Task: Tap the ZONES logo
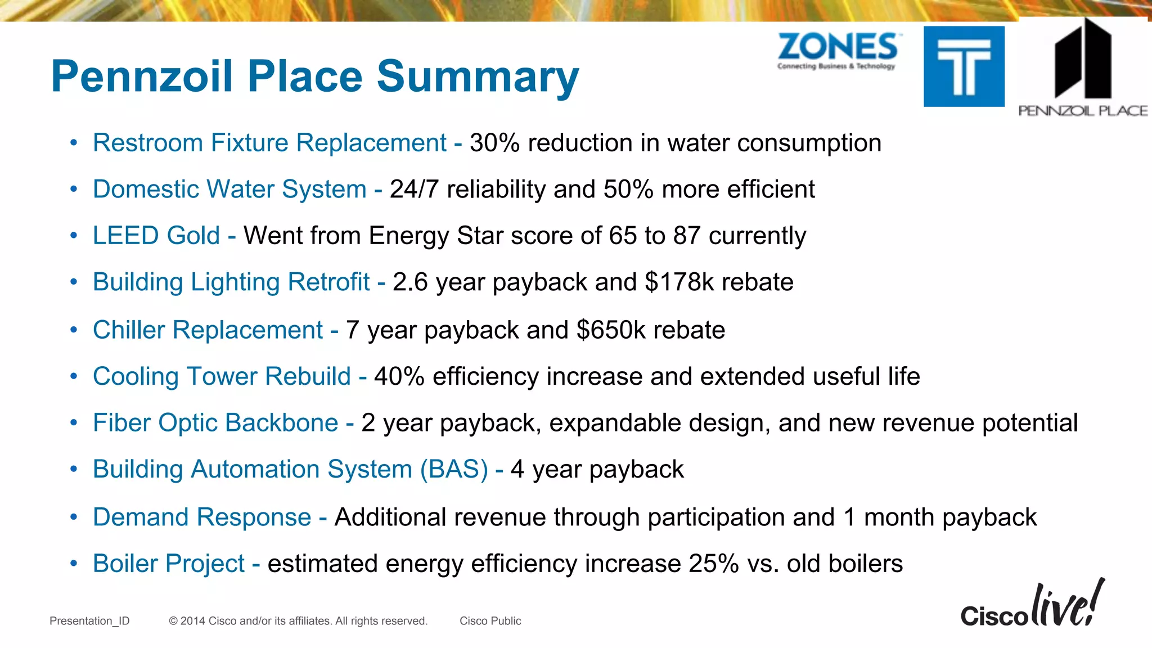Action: coord(838,51)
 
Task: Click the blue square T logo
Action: coord(964,66)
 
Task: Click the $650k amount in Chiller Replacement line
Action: coord(611,330)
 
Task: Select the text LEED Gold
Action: coord(156,235)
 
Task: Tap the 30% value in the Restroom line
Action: coord(494,143)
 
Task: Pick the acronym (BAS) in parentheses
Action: coord(454,469)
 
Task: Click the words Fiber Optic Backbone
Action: coord(215,422)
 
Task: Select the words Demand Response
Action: coord(202,517)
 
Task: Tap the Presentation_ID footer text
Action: coord(89,621)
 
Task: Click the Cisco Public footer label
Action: coord(490,621)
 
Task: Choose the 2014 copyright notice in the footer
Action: coord(298,621)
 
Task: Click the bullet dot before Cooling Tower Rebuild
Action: coord(74,376)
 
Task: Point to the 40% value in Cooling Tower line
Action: coord(399,376)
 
